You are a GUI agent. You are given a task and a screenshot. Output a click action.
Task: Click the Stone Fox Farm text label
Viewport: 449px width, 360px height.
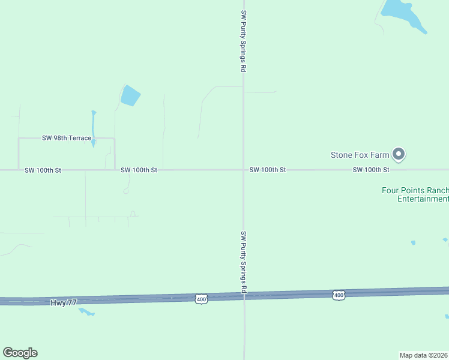(x=360, y=155)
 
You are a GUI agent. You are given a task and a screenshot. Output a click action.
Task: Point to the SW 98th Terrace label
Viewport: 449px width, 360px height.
(x=67, y=138)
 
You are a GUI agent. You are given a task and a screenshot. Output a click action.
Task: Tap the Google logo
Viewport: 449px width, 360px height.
(x=20, y=353)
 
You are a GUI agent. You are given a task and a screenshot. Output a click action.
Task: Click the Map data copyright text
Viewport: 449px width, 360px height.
(x=424, y=355)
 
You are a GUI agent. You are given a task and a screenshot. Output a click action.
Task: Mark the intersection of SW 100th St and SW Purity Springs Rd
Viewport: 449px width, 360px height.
(x=243, y=170)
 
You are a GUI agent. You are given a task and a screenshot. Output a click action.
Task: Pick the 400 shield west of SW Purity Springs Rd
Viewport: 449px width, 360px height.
(x=201, y=298)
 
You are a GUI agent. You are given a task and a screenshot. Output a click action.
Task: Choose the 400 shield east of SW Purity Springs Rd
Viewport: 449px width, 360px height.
(x=339, y=295)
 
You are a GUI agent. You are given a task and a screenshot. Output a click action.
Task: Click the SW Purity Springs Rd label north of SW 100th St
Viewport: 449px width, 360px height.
(x=243, y=41)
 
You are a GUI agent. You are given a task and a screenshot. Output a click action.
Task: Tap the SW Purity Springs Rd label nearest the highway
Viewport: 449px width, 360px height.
(x=244, y=262)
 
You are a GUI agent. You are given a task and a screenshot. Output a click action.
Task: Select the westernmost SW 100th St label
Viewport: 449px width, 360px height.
(x=43, y=170)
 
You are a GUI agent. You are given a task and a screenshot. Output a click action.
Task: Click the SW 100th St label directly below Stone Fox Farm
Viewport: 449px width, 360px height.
(x=371, y=170)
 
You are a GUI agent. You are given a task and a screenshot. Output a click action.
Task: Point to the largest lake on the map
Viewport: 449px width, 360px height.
(x=403, y=13)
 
